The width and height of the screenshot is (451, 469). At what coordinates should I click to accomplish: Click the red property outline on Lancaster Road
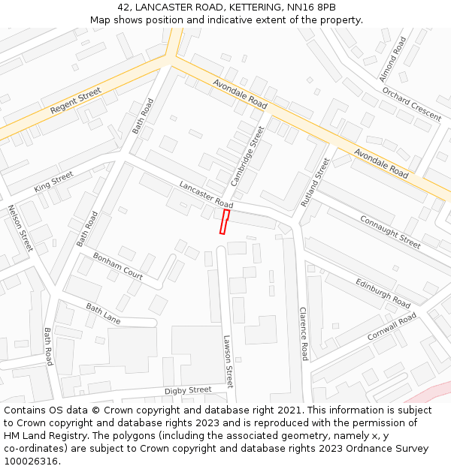pyautogui.click(x=224, y=221)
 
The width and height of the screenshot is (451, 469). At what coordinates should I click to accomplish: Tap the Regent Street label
pyautogui.click(x=75, y=101)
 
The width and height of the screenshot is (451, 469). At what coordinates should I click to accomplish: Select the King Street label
pyautogui.click(x=53, y=181)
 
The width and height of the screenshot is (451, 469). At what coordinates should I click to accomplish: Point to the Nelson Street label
pyautogui.click(x=20, y=228)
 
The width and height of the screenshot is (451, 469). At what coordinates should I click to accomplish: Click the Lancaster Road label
pyautogui.click(x=206, y=194)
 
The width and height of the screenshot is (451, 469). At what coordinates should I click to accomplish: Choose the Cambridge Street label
pyautogui.click(x=248, y=156)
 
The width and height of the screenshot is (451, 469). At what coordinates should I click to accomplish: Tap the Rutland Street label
pyautogui.click(x=315, y=182)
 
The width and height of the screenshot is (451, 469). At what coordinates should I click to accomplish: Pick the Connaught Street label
pyautogui.click(x=390, y=231)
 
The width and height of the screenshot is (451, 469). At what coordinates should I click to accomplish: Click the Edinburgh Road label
pyautogui.click(x=383, y=292)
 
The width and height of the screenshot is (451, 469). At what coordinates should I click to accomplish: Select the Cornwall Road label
pyautogui.click(x=392, y=327)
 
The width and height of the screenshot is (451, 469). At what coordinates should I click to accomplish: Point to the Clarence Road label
pyautogui.click(x=304, y=333)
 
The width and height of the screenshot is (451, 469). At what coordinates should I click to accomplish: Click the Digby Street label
pyautogui.click(x=188, y=390)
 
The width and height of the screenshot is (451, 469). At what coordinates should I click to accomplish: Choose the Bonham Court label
pyautogui.click(x=118, y=266)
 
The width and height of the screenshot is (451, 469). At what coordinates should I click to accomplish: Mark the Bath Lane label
pyautogui.click(x=103, y=314)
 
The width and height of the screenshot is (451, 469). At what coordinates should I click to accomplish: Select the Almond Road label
pyautogui.click(x=392, y=59)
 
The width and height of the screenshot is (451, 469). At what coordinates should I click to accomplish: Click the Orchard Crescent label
pyautogui.click(x=411, y=104)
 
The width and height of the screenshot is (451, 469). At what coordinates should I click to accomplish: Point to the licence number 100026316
pyautogui.click(x=32, y=461)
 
